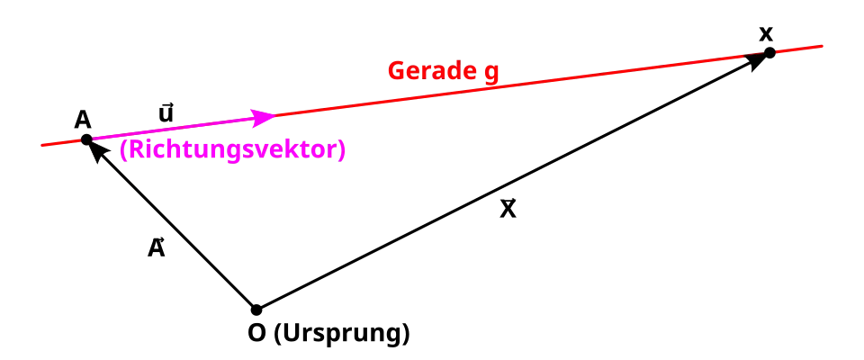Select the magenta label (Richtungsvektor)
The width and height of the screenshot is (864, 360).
pos(231,150)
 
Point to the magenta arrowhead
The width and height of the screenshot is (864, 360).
pos(266,117)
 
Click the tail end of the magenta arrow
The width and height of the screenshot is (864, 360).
pos(95,138)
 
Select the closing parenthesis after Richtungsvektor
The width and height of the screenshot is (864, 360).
pos(341,150)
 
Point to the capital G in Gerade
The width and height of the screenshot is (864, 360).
pos(396,71)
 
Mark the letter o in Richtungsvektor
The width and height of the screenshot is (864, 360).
pos(318,151)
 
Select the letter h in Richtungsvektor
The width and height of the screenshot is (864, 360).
pos(172,149)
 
